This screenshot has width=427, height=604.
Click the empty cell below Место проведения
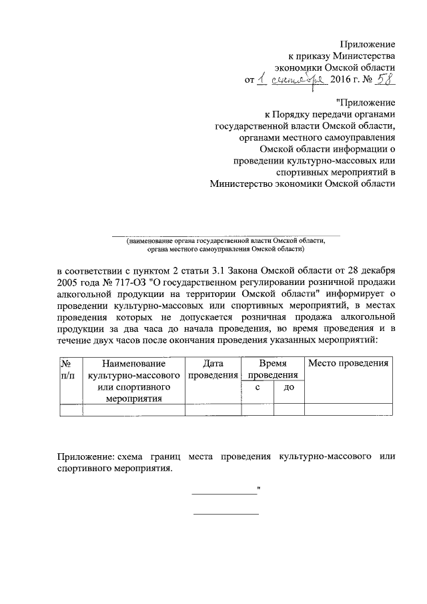[347, 409]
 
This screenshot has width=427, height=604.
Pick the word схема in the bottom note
[133, 457]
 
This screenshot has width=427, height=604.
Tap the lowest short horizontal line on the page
[226, 514]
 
